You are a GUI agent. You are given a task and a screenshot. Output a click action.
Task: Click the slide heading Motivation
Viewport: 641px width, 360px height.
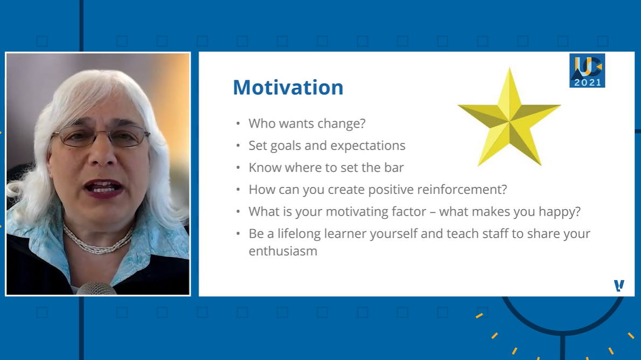tap(288, 87)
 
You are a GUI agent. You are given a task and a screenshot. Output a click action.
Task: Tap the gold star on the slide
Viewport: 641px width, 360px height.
tap(510, 119)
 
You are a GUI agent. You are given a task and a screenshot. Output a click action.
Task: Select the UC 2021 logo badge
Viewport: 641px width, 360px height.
tap(587, 71)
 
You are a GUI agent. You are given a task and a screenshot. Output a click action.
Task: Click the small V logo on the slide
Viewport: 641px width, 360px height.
tap(619, 285)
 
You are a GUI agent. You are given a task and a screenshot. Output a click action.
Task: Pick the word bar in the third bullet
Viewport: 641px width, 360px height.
tap(394, 167)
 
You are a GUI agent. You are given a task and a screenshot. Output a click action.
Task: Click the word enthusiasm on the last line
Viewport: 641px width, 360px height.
tap(283, 251)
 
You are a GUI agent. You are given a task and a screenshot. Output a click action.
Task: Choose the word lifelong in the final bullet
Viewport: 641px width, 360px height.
tap(299, 234)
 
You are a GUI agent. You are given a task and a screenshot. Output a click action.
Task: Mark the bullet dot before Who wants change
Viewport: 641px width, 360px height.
tap(238, 123)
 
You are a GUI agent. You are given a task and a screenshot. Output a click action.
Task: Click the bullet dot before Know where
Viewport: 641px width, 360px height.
tap(238, 168)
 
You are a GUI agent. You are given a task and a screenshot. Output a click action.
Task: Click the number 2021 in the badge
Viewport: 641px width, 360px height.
tap(588, 82)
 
